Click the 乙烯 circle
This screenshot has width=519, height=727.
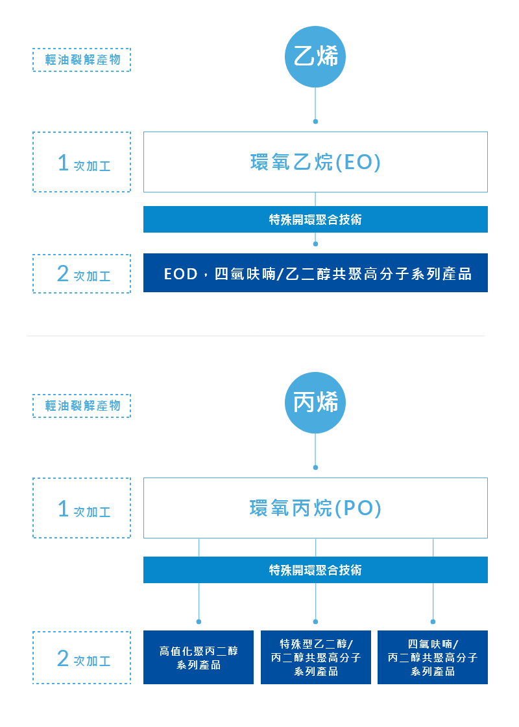click(x=315, y=57)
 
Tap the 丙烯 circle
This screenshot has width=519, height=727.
click(x=315, y=403)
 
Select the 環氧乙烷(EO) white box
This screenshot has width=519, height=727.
click(x=315, y=162)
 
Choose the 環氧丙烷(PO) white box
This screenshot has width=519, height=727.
click(x=315, y=508)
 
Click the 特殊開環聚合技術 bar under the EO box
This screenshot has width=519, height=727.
click(x=315, y=220)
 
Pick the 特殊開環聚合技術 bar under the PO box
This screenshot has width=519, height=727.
click(x=315, y=570)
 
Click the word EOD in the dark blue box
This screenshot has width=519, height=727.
click(x=180, y=274)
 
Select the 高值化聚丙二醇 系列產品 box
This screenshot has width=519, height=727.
click(x=199, y=657)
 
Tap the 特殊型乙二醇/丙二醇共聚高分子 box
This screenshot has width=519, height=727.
click(x=316, y=657)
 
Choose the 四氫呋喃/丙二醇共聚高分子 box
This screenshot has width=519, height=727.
click(x=433, y=657)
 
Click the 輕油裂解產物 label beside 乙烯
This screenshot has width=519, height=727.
click(x=82, y=60)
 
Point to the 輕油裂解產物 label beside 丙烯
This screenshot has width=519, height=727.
click(x=82, y=406)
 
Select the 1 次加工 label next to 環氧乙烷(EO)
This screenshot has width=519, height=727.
click(x=82, y=162)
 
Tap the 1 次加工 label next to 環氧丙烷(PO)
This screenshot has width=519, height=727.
click(x=82, y=508)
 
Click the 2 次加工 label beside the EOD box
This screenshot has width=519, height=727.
click(x=82, y=274)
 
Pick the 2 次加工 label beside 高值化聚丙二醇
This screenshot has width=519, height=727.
click(x=82, y=658)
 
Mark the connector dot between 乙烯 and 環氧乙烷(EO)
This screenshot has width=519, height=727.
click(x=315, y=121)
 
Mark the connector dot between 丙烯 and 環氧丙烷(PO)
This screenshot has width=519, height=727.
click(x=315, y=467)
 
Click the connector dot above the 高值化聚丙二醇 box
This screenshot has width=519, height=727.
click(x=199, y=621)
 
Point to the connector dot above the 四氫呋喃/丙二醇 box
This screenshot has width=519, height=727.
click(x=433, y=621)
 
